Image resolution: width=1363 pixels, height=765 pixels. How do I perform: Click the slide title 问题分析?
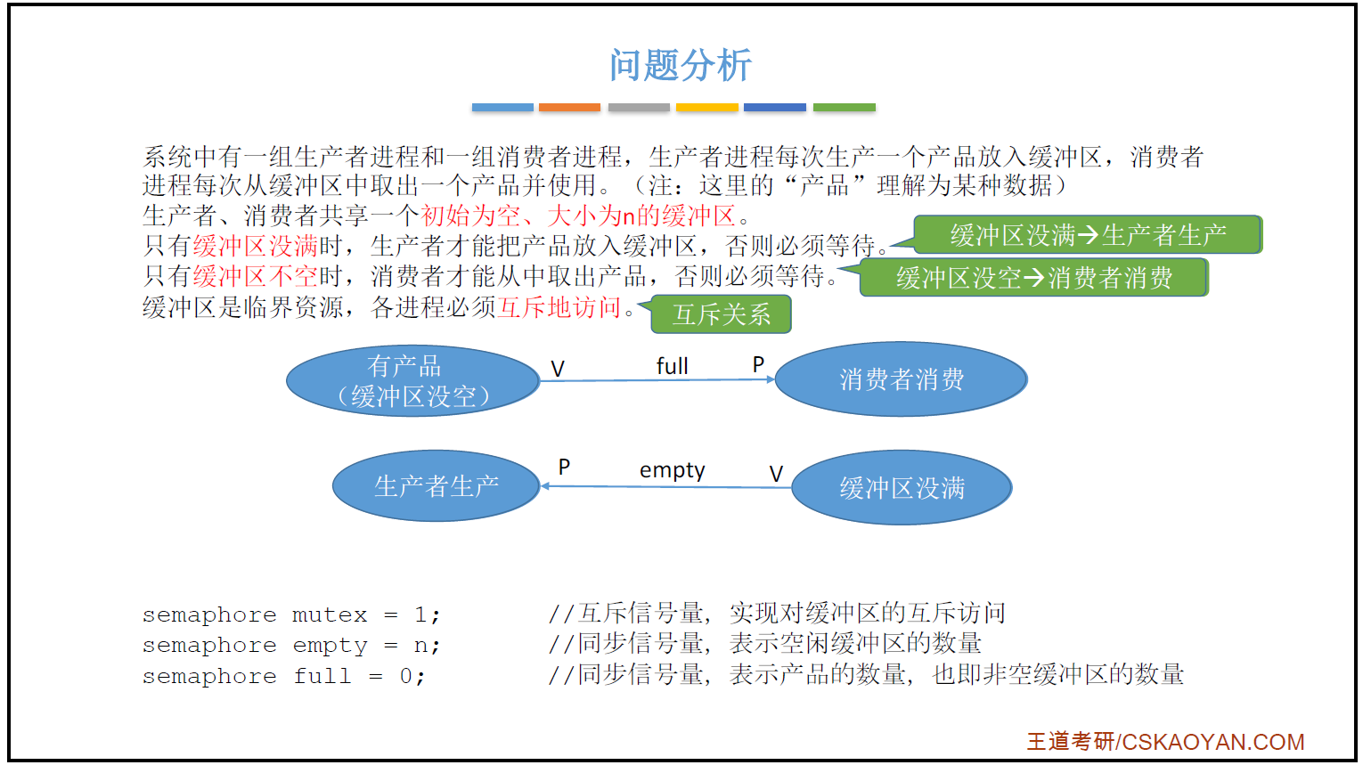point(681,65)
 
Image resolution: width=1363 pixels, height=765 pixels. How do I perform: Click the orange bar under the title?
point(569,108)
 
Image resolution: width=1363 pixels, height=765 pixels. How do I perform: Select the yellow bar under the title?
point(707,108)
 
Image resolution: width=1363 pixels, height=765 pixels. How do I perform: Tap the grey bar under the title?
point(639,108)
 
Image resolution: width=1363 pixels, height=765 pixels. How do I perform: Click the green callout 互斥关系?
point(722,314)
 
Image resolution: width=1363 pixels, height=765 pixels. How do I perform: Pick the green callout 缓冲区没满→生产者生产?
point(1088,235)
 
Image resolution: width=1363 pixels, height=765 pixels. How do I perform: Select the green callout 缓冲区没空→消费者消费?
point(1033,278)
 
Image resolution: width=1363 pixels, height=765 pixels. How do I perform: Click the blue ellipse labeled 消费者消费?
point(902,379)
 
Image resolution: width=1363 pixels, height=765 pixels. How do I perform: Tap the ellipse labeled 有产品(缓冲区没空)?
point(413,381)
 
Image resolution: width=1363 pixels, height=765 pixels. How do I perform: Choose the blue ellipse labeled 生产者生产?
point(437,486)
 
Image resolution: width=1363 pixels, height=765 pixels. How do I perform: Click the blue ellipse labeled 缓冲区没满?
point(902,488)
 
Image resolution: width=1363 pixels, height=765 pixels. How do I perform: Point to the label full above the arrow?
point(672,366)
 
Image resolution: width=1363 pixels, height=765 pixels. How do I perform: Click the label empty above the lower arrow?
point(672,470)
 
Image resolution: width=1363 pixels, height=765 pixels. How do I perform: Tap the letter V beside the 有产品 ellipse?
point(558,369)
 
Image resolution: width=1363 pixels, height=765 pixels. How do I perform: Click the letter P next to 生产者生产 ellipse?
point(564,468)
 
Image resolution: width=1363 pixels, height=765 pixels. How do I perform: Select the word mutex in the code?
point(330,615)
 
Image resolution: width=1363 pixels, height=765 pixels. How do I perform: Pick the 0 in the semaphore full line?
point(406,677)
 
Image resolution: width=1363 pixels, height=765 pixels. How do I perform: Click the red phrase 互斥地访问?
point(559,307)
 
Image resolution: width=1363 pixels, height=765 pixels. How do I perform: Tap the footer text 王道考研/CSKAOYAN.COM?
point(1165,742)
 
